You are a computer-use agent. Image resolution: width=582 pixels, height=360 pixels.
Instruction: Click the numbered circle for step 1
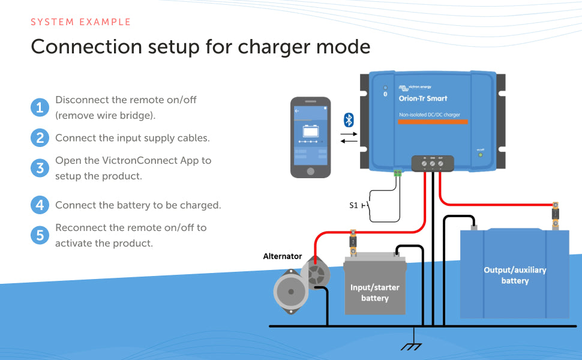click(x=40, y=108)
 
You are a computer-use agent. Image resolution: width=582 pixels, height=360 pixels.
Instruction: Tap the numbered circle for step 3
click(x=40, y=168)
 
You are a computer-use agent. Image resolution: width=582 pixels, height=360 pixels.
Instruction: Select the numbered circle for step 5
click(x=40, y=235)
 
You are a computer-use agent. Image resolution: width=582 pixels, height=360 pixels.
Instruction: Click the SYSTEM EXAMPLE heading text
click(x=80, y=22)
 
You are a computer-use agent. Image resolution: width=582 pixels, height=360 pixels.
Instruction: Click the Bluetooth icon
click(x=349, y=119)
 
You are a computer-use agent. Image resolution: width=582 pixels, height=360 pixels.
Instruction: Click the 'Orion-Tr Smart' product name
click(x=423, y=98)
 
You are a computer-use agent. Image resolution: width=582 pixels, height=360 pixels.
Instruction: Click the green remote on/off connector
click(x=397, y=173)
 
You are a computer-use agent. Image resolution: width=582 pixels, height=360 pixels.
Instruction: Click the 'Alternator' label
click(x=283, y=256)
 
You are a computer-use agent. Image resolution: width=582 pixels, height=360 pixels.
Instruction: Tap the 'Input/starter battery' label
click(x=374, y=293)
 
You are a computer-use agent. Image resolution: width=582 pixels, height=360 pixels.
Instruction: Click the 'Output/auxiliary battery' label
click(x=515, y=275)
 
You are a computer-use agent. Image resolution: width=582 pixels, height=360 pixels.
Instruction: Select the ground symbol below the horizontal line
click(x=410, y=346)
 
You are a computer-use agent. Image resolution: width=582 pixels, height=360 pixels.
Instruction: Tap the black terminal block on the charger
click(x=432, y=162)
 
